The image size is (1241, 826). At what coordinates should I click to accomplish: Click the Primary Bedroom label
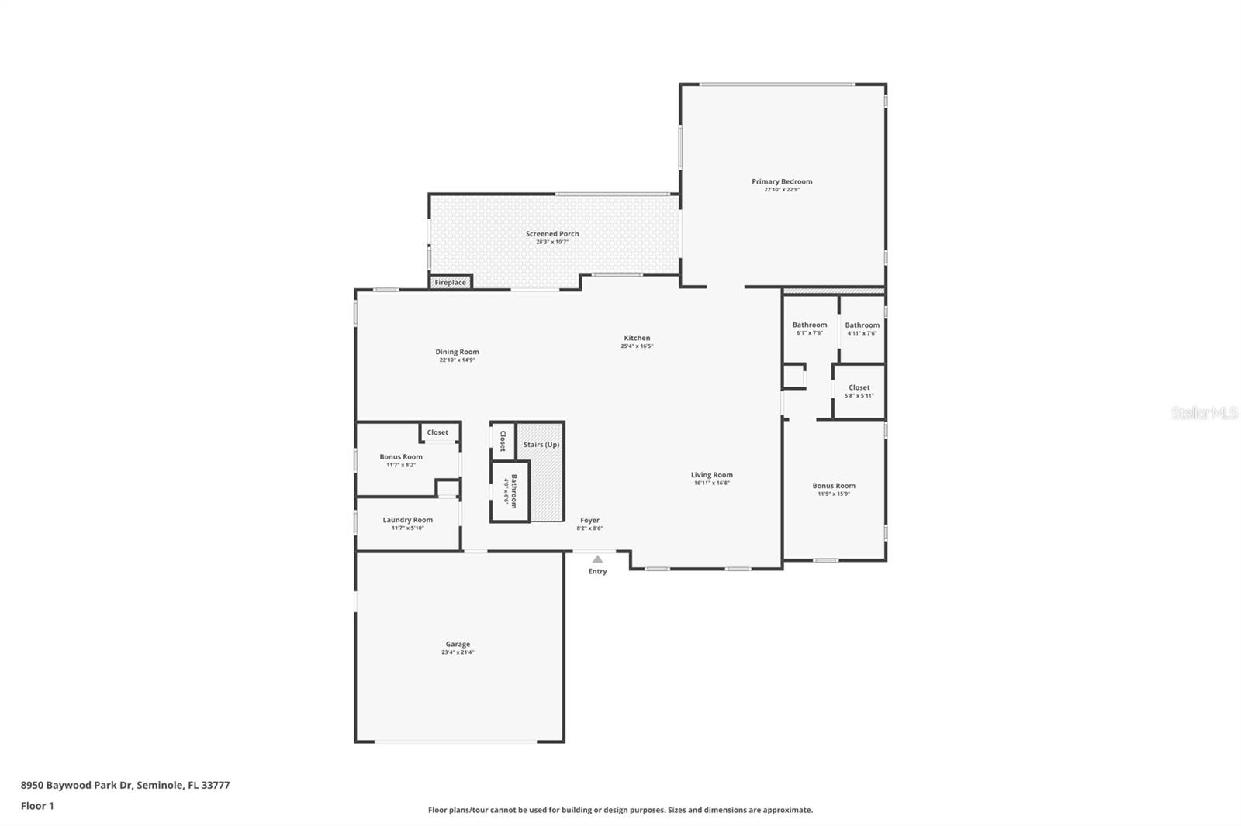[x=782, y=181]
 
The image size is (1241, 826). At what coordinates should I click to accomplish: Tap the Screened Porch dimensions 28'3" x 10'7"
[x=552, y=242]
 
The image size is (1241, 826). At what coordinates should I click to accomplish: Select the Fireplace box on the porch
[x=451, y=282]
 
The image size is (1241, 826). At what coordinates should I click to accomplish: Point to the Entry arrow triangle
[x=597, y=559]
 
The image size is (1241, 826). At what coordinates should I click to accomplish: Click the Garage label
[x=458, y=644]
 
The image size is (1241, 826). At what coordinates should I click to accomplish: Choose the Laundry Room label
[x=407, y=520]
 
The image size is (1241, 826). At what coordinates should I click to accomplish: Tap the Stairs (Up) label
[x=541, y=445]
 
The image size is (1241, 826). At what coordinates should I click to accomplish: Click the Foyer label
[x=589, y=521]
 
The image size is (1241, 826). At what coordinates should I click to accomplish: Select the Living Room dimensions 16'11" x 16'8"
[x=712, y=483]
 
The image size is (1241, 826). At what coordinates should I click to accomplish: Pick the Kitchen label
[x=637, y=338]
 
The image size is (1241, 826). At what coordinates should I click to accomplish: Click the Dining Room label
[x=457, y=352]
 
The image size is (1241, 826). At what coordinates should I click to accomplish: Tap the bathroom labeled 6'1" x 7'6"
[x=810, y=329]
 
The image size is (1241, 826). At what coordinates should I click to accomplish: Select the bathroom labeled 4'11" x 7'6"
[x=862, y=329]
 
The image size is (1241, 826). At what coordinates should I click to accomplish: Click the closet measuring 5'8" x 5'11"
[x=859, y=391]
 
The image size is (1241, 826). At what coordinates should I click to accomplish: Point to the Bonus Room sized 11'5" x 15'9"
[x=834, y=489]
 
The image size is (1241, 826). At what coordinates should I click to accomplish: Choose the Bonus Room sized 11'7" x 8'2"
[x=401, y=460]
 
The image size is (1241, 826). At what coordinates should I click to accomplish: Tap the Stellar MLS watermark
[x=1205, y=413]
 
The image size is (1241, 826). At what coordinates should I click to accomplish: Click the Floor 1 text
[x=37, y=806]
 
